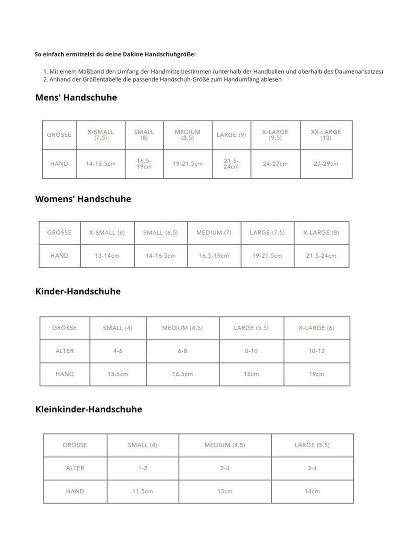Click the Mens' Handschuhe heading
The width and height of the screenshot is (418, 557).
(x=76, y=97)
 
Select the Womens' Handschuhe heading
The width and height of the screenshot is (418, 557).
(x=83, y=199)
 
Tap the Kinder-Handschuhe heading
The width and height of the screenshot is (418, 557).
(x=78, y=291)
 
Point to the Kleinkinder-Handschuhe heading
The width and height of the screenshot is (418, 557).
(x=89, y=409)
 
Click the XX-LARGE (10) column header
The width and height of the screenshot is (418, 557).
(x=326, y=135)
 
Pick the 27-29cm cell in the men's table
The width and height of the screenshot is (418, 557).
(x=326, y=163)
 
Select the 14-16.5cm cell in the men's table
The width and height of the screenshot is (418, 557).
(x=100, y=163)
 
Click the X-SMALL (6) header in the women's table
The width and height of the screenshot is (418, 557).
(x=107, y=233)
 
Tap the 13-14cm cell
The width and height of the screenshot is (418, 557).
(x=107, y=256)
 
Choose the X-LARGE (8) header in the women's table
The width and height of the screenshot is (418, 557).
(x=321, y=233)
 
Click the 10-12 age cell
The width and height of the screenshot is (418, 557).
(x=317, y=351)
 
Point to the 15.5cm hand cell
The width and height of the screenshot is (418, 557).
(x=118, y=374)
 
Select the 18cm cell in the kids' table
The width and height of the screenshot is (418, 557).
(x=251, y=374)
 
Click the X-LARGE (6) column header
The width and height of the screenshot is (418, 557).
(x=317, y=328)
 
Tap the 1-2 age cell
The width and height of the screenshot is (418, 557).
(x=143, y=468)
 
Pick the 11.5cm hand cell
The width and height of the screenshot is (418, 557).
(x=143, y=491)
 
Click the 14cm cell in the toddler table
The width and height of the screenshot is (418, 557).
(x=312, y=491)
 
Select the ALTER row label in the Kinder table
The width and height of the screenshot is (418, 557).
(x=65, y=351)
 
